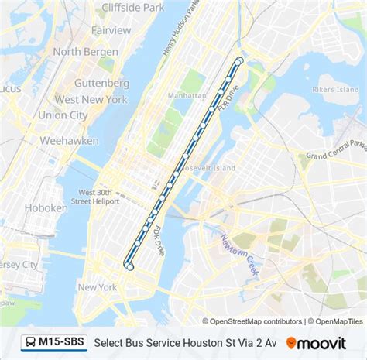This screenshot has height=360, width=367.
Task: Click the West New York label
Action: (x=91, y=99)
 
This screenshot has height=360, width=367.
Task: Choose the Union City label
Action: (x=63, y=115)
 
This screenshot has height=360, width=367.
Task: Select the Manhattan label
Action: (x=187, y=94)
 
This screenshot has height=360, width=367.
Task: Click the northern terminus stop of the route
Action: (x=239, y=61)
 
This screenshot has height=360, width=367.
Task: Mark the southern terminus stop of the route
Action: (x=129, y=266)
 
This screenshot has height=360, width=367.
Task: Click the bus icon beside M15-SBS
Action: (x=29, y=341)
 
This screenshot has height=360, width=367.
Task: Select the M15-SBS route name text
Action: (x=62, y=341)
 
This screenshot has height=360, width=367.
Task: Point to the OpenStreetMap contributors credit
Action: (x=252, y=321)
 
